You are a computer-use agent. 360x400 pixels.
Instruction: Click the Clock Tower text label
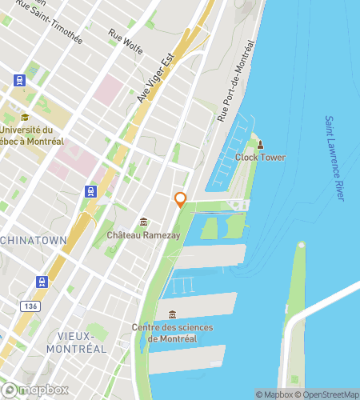pos(260,157)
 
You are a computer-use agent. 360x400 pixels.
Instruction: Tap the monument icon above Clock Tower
pos(260,144)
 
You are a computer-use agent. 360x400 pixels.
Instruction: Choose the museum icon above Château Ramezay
pos(143,222)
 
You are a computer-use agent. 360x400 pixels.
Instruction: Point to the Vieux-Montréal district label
pos(76,342)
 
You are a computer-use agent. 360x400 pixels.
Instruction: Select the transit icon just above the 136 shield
pos(41,281)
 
